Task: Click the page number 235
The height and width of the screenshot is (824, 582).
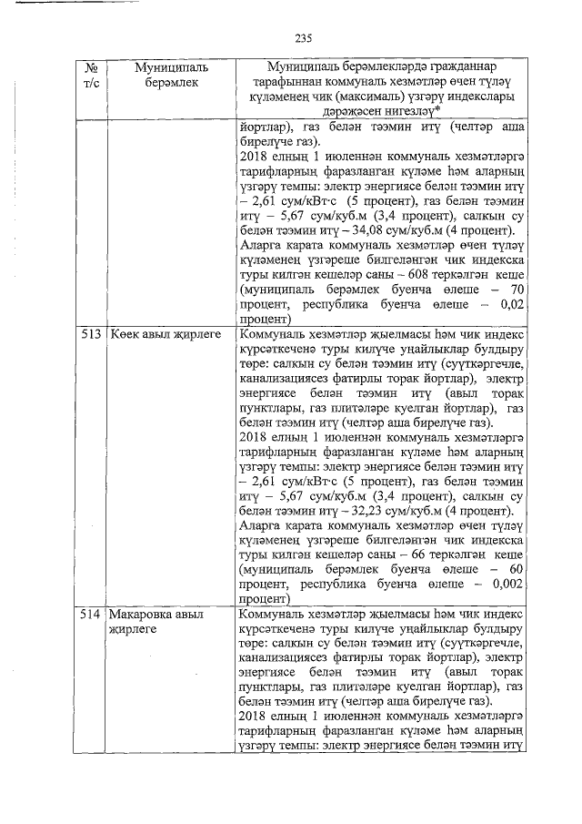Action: (x=303, y=37)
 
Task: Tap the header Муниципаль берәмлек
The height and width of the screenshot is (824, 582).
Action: (x=171, y=76)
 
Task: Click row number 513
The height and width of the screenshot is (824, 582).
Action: (x=90, y=335)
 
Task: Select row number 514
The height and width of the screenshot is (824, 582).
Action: (x=90, y=615)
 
